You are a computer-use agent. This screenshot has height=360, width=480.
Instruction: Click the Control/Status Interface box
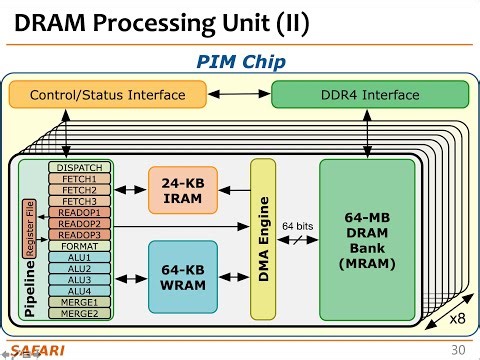[108, 95]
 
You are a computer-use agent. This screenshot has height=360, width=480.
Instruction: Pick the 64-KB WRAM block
[182, 276]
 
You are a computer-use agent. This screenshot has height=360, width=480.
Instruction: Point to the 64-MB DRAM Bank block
[366, 239]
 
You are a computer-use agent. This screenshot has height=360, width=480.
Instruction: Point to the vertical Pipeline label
[30, 285]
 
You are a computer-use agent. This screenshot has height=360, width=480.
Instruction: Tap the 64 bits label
[297, 226]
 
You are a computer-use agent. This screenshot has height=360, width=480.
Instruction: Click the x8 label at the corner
[456, 318]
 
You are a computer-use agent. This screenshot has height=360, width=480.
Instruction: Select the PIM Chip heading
[240, 62]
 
